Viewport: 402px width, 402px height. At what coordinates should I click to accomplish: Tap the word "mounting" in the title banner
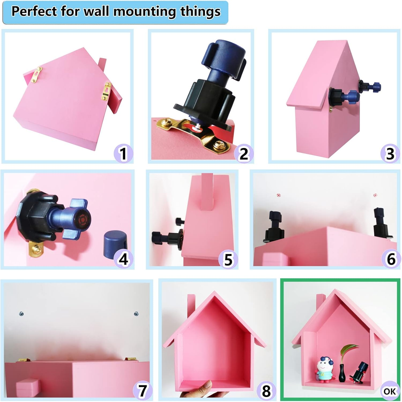(x=145, y=12)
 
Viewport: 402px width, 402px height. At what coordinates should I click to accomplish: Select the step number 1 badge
(x=123, y=154)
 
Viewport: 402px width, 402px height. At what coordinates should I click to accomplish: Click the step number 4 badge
(x=123, y=259)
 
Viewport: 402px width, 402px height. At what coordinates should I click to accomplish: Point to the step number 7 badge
(x=142, y=391)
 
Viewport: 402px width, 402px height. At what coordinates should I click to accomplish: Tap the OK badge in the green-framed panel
(x=389, y=391)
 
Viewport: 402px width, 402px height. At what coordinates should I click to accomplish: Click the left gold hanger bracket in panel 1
(x=36, y=75)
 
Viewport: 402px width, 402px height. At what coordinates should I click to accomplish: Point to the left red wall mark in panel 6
(x=278, y=195)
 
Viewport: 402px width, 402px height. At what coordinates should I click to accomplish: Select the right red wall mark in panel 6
(x=375, y=195)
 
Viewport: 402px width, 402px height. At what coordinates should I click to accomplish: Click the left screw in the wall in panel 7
(x=21, y=314)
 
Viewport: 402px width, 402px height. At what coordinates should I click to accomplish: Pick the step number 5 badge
(x=228, y=260)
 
